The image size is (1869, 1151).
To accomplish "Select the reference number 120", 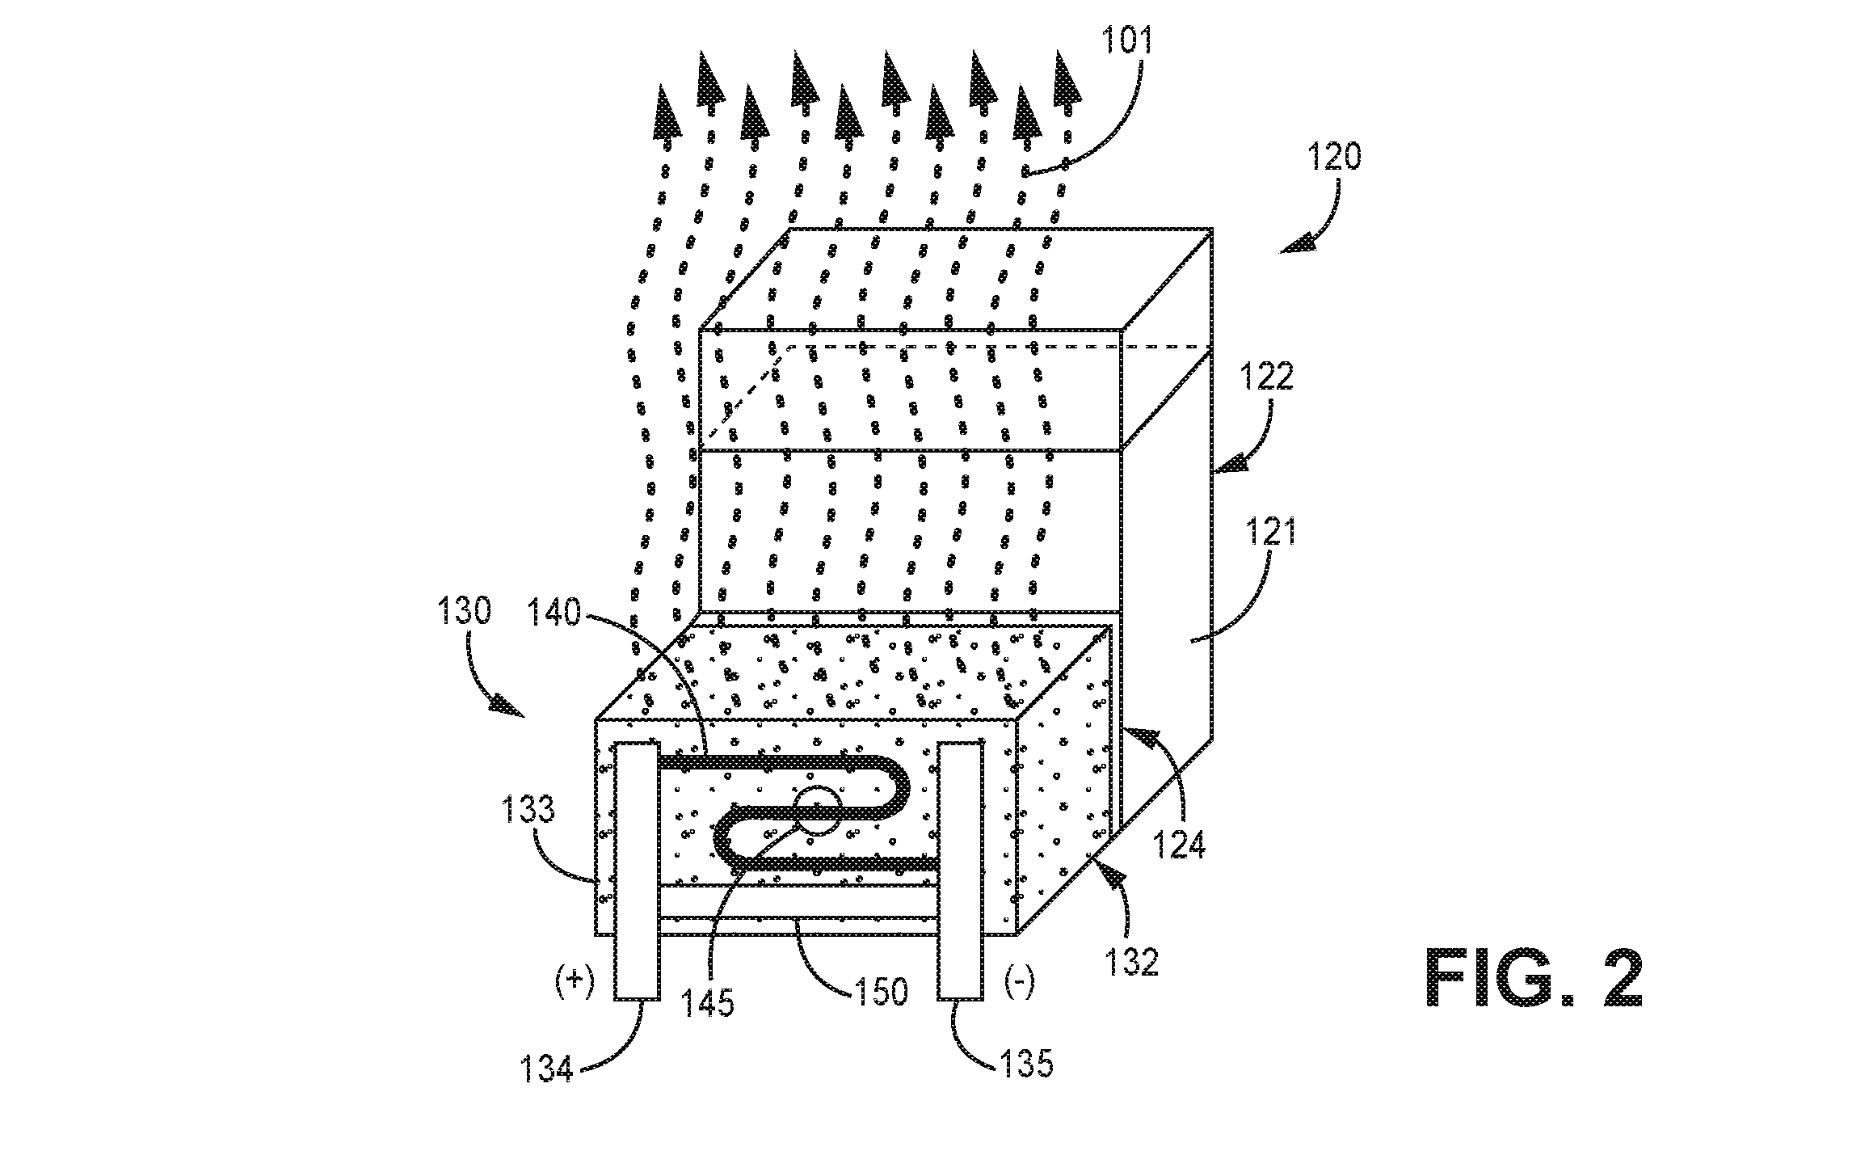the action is tap(1334, 156).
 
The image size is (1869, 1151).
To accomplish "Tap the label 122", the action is tap(1265, 376).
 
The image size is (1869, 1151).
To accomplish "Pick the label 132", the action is tap(1132, 962).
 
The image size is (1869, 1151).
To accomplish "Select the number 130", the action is tap(464, 611).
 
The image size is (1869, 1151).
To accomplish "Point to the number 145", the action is tap(707, 1003).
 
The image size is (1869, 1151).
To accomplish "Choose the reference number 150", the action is tap(882, 990).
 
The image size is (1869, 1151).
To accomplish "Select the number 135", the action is tap(1027, 1064).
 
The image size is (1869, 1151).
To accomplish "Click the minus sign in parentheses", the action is tap(1018, 984).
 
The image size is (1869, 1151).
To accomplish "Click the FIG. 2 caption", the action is tap(1534, 977).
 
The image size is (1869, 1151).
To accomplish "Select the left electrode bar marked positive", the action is tap(638, 871).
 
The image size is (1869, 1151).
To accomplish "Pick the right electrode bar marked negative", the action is tap(961, 871).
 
